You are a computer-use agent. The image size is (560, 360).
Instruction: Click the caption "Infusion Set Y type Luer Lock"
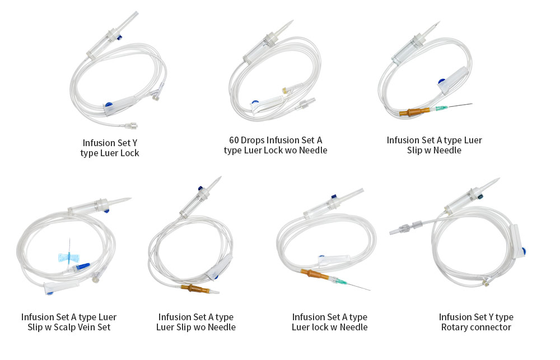tap(109, 148)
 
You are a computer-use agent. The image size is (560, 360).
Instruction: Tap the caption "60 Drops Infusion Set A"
tap(276, 140)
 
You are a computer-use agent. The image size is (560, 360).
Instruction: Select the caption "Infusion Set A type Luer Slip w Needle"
tap(434, 145)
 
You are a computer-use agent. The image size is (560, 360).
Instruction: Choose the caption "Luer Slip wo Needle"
tap(195, 327)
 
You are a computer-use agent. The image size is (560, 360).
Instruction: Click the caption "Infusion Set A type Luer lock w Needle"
tap(329, 322)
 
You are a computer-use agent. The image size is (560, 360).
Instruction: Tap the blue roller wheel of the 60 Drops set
tap(255, 104)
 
